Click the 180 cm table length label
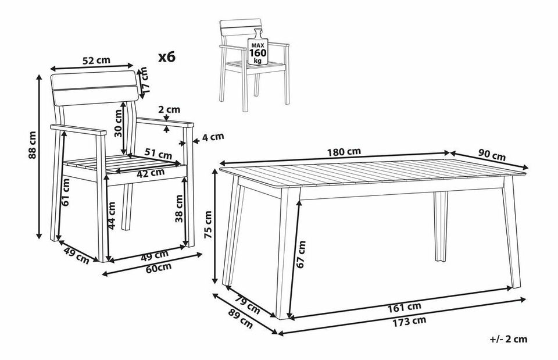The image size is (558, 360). (x=344, y=152)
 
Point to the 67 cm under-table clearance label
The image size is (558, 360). (x=301, y=254)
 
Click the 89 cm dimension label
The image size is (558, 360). (x=240, y=319)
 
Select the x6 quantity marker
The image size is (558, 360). (x=167, y=56)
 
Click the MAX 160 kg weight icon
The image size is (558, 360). (x=257, y=49)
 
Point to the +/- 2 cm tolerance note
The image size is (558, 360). (x=509, y=339)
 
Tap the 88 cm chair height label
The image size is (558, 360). (x=32, y=145)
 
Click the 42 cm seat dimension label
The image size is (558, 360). (x=151, y=173)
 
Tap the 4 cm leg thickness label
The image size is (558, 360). (x=213, y=136)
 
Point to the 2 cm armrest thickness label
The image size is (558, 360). (x=169, y=109)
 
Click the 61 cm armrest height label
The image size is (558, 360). (x=66, y=193)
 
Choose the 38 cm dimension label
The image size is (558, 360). (x=180, y=209)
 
